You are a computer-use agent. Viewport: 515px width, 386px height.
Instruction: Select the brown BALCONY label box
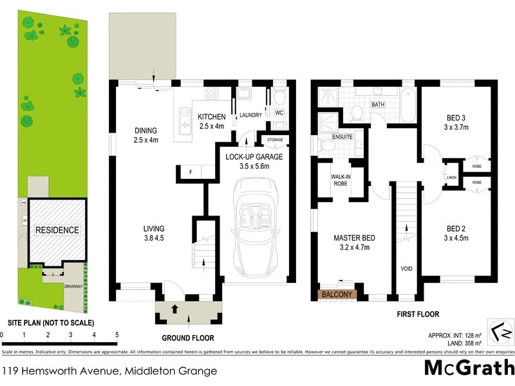click(337, 295)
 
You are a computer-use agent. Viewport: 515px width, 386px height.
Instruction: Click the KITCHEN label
click(212, 116)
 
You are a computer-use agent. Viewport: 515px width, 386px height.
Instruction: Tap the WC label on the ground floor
click(279, 113)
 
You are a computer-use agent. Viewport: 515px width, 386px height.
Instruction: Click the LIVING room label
click(154, 228)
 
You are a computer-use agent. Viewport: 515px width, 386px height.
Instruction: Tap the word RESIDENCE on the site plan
click(57, 230)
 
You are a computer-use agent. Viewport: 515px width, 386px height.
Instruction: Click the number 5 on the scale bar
click(117, 335)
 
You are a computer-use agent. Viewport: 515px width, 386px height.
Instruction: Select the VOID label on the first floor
click(406, 269)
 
